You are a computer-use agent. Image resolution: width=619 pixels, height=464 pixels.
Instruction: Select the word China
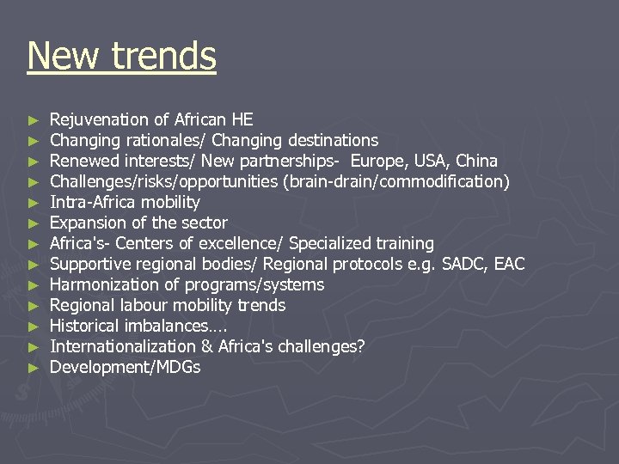coord(476,161)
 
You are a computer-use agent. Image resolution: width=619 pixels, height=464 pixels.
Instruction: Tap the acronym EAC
coord(508,264)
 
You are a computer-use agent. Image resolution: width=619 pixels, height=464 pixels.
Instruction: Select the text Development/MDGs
coord(126,367)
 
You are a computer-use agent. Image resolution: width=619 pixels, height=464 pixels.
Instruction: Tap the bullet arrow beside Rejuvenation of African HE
coord(33,119)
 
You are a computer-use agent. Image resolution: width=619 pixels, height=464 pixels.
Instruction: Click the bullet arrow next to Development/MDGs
coord(33,367)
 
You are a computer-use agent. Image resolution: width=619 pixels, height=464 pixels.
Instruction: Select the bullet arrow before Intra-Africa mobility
coord(33,202)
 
